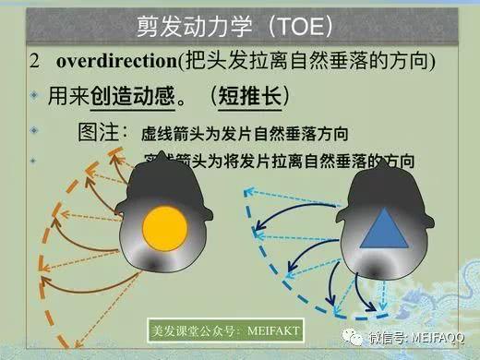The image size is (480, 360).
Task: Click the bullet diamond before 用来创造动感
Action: (x=34, y=96)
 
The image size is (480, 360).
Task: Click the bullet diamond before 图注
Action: (x=34, y=131)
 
